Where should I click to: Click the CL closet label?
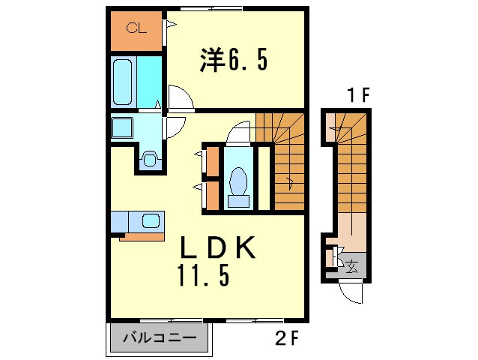[135, 29]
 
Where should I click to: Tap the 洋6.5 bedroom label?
[232, 61]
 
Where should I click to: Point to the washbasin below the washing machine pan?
[150, 158]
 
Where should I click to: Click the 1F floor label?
[357, 95]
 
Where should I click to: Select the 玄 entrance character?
[352, 264]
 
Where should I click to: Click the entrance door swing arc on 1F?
[348, 291]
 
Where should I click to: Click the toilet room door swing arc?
[239, 131]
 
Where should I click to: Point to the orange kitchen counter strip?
[142, 237]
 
